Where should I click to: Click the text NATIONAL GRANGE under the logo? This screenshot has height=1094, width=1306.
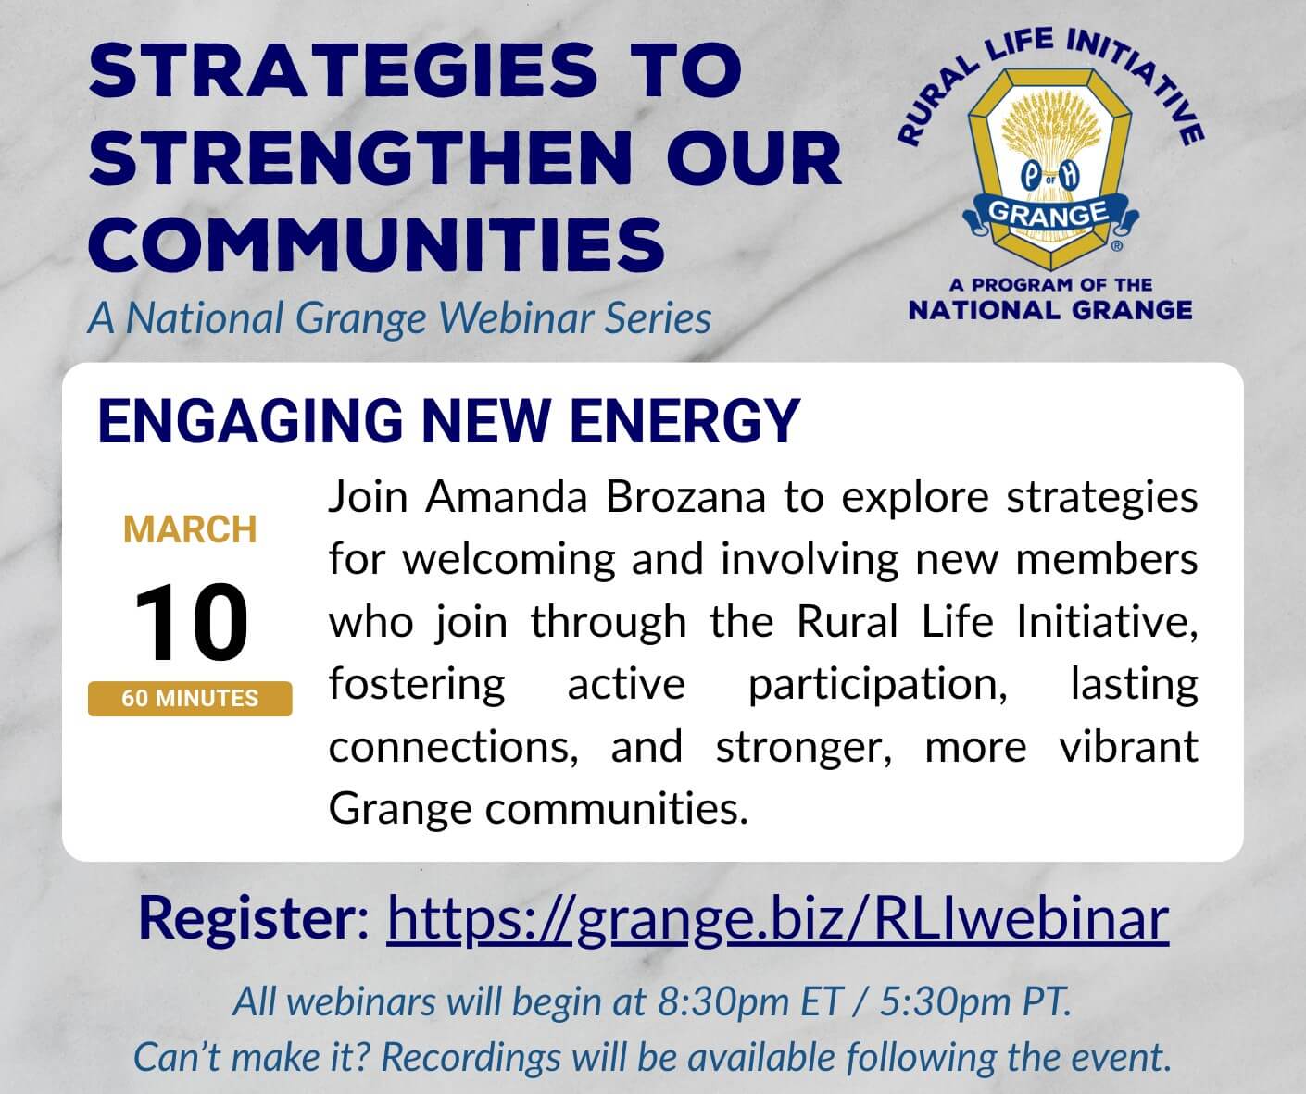click(x=1050, y=311)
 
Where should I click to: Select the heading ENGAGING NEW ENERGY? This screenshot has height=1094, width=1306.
click(x=449, y=421)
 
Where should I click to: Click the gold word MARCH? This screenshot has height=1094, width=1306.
click(x=190, y=530)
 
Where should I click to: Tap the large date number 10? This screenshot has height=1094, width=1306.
click(x=191, y=623)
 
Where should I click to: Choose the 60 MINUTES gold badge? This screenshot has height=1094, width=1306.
click(x=190, y=698)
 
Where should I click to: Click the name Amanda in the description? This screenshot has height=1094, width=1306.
click(x=506, y=498)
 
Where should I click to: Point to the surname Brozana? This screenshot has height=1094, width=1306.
click(x=685, y=498)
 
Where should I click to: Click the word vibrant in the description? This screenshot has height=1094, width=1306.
click(x=1128, y=747)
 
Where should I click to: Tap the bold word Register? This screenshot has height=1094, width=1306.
click(x=254, y=919)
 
